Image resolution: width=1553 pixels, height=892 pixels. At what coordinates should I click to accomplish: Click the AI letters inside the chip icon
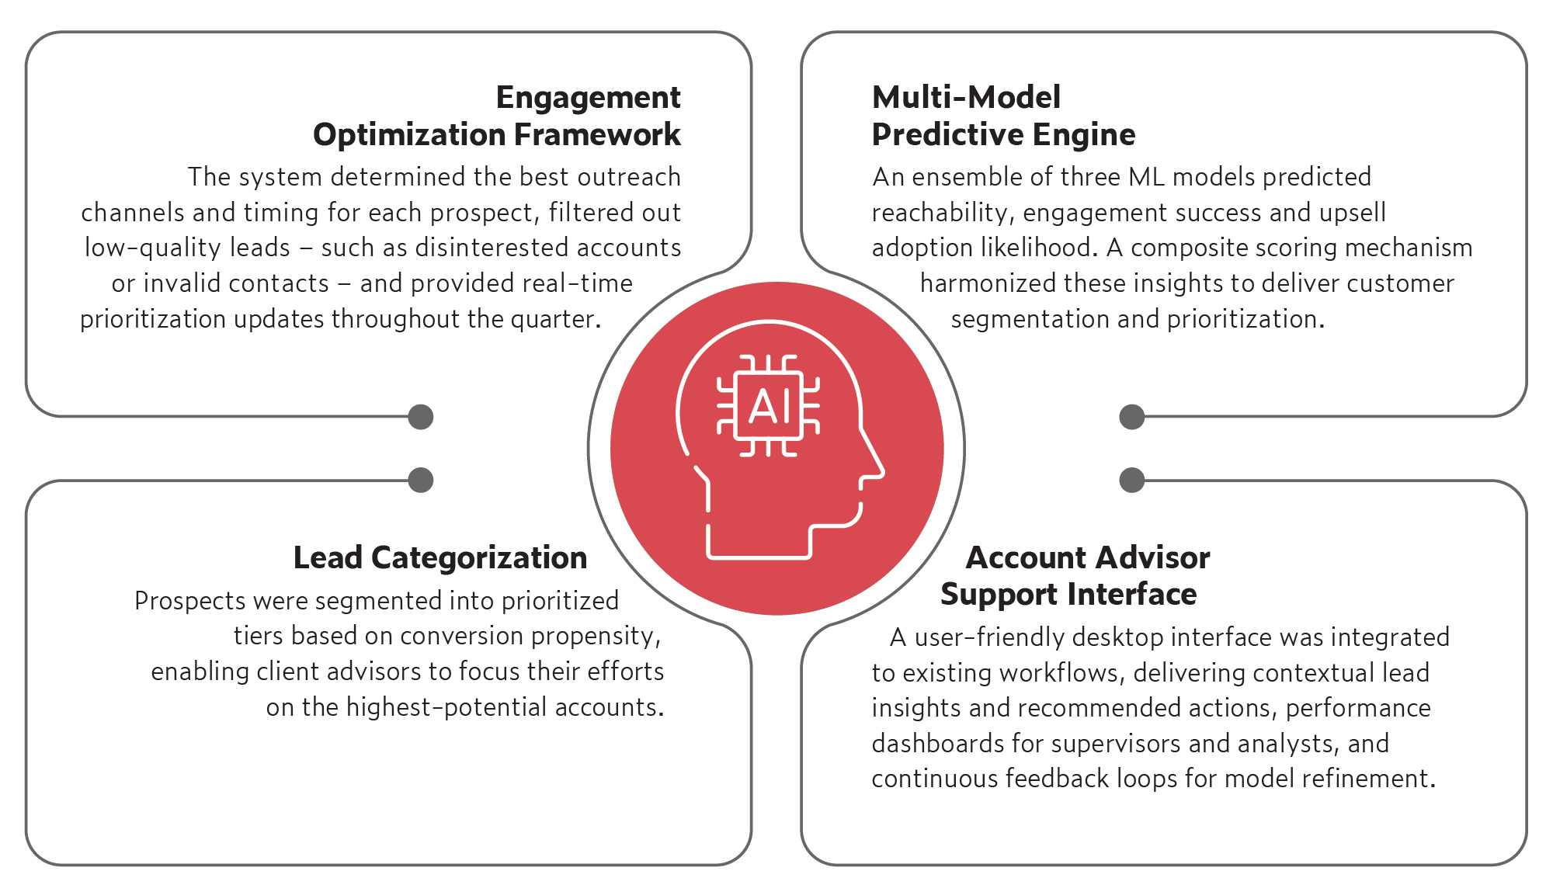769,406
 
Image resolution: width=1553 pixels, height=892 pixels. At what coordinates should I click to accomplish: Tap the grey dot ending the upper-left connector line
421,417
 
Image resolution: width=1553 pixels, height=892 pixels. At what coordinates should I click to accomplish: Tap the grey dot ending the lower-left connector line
421,480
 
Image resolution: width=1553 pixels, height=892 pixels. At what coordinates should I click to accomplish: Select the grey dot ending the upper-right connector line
1132,417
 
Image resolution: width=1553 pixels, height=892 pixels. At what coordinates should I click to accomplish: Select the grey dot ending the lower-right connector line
1132,480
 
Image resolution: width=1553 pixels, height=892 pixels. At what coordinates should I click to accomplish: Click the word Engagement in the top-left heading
588,99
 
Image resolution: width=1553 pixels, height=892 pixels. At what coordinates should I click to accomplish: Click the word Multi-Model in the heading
966,98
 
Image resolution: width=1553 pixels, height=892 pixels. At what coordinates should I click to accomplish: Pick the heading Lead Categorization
439,557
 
